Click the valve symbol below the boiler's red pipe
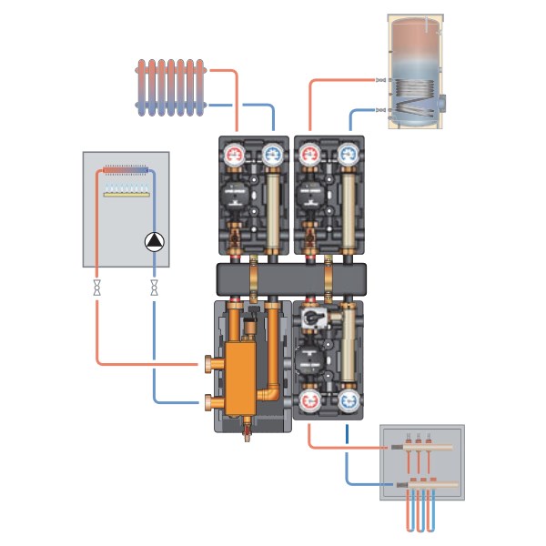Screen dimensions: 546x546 tap(96, 288)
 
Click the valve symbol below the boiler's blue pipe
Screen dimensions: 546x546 tap(153, 288)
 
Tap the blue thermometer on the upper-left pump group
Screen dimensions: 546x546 tap(271, 155)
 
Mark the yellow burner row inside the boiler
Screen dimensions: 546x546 tap(126, 192)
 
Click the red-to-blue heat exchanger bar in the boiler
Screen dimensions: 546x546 tap(126, 169)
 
